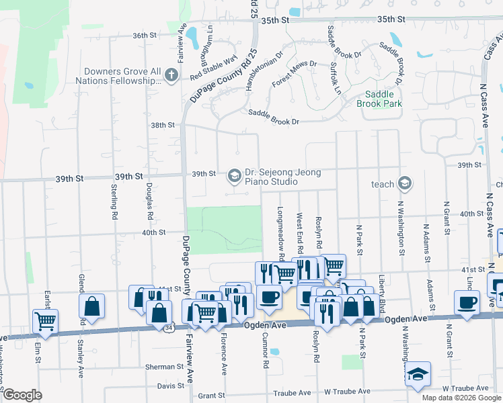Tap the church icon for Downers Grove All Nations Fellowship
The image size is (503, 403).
(x=171, y=74)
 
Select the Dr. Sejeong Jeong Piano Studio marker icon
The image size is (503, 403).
(x=234, y=176)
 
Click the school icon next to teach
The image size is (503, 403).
(x=404, y=183)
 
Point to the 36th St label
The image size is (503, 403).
(x=144, y=35)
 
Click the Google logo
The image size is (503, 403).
(x=22, y=395)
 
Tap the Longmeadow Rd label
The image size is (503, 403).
(x=280, y=228)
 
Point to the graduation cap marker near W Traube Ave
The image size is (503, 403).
(x=418, y=375)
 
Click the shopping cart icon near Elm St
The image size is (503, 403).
(x=45, y=321)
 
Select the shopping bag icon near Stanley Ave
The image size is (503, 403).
(x=91, y=306)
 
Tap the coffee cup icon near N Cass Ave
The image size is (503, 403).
(x=467, y=302)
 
